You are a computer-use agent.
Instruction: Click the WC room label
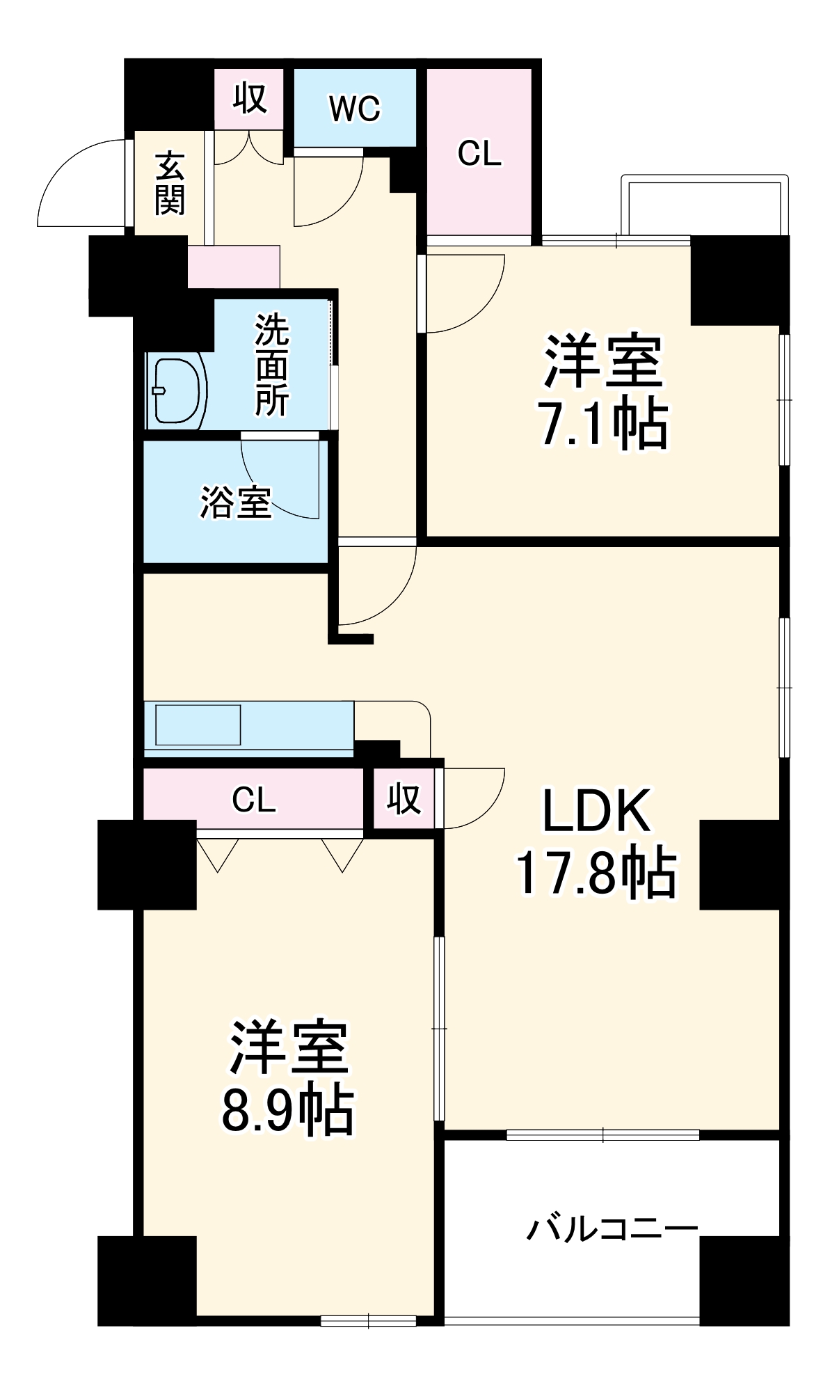click(x=355, y=109)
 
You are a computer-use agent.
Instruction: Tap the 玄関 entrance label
click(x=170, y=183)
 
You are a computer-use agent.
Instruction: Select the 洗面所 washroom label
click(x=271, y=365)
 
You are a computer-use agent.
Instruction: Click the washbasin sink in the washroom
click(x=176, y=390)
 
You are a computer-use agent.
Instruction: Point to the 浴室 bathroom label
click(x=235, y=501)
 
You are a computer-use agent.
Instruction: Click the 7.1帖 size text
click(x=603, y=423)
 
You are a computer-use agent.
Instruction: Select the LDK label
click(x=596, y=810)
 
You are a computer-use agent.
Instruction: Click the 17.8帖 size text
click(x=596, y=872)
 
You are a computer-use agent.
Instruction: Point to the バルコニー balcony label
click(x=612, y=1229)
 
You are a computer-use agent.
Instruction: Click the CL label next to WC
click(x=479, y=153)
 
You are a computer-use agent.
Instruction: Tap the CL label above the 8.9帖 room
click(x=254, y=800)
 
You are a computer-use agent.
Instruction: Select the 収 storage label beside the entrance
click(x=249, y=98)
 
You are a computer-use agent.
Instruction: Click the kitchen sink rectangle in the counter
click(x=198, y=725)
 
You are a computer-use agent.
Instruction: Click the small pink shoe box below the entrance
click(x=234, y=267)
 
